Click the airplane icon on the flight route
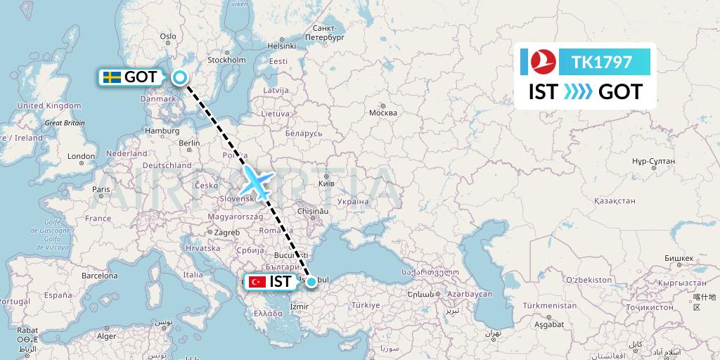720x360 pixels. tap(256, 181)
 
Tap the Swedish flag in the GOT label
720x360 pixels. tap(110, 77)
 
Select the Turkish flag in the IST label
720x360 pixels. tap(257, 282)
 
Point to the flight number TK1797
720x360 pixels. tap(601, 63)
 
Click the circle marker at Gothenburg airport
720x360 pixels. tap(181, 78)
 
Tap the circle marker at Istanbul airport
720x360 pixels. tap(311, 281)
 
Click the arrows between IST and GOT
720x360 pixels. tap(578, 92)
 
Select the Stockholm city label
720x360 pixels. tap(226, 60)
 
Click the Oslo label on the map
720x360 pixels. tap(168, 37)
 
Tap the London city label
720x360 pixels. tap(81, 156)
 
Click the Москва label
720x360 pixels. tap(383, 112)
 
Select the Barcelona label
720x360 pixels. tap(101, 276)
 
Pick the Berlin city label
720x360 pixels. tap(190, 143)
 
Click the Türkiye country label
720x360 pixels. tap(366, 305)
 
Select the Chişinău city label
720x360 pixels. tap(313, 210)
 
